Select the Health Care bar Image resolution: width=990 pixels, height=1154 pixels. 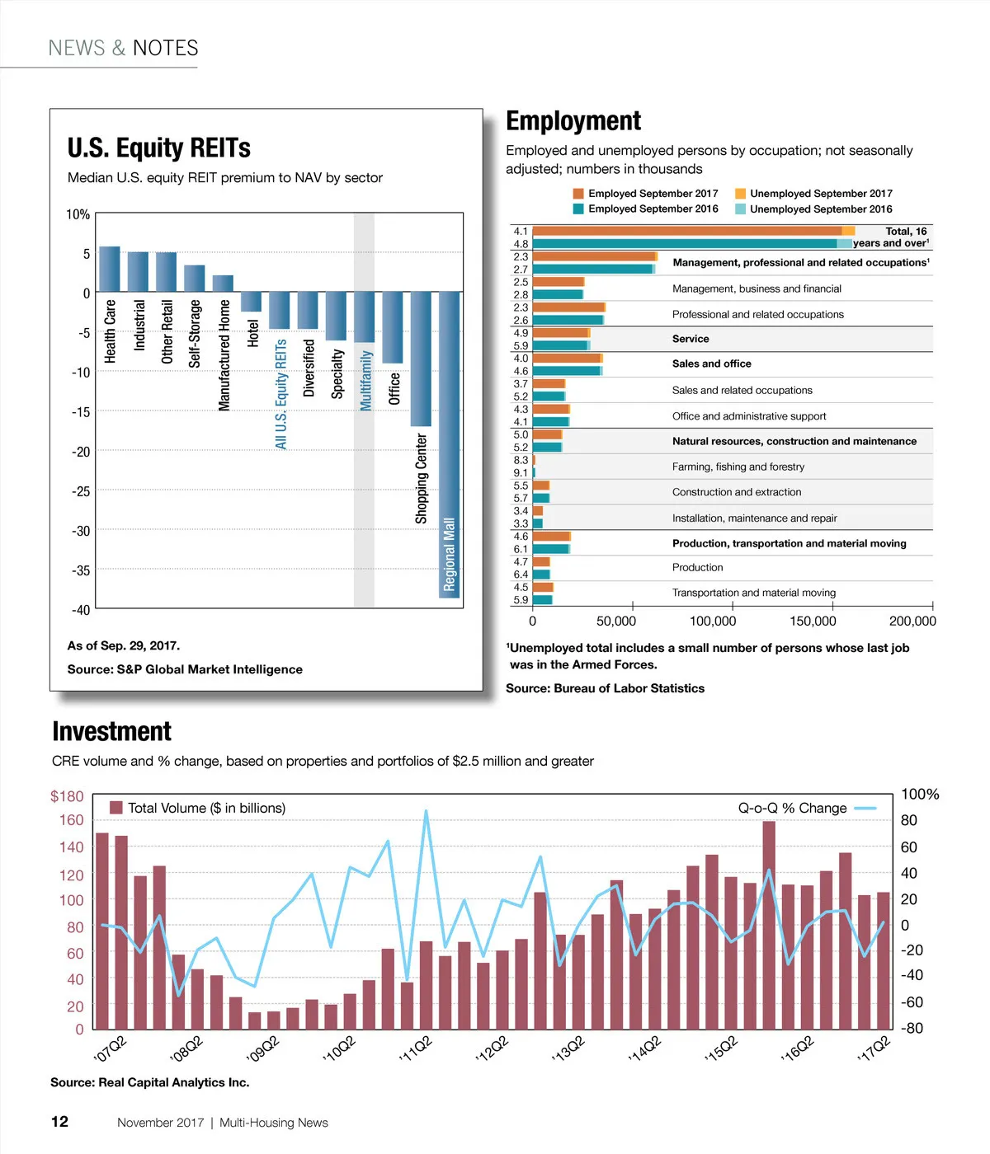coord(110,269)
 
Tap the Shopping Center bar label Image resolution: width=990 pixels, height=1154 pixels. coord(422,478)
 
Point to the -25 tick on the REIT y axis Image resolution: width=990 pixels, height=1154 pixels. coord(81,491)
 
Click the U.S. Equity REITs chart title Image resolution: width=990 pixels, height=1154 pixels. coord(159,148)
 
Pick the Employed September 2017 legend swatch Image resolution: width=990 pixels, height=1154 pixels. coord(578,194)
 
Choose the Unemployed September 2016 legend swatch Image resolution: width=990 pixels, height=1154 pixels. coord(740,209)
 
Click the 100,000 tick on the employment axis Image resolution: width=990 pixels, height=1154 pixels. coord(713,622)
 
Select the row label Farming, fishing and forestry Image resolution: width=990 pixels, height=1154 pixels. coord(738,467)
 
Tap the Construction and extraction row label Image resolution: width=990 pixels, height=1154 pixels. coord(736,492)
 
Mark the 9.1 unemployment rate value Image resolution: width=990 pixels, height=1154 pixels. coord(521,473)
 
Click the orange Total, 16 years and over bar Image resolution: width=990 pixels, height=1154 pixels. coord(686,232)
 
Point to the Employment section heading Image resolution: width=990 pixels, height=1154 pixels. coord(573,121)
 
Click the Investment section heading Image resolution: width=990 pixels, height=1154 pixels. coord(111,732)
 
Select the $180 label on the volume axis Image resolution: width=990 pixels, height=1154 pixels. coord(67,796)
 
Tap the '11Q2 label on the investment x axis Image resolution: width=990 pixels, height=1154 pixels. coord(415,1048)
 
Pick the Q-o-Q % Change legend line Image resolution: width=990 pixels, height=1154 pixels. coord(865,809)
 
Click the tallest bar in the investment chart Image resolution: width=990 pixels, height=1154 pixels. coord(769,925)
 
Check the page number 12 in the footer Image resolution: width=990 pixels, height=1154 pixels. coord(59,1122)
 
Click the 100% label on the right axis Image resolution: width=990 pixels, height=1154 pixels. coord(920,795)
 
